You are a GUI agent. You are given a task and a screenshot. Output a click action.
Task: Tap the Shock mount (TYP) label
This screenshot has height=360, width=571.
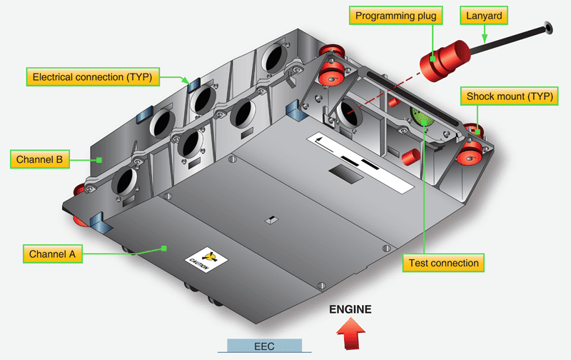click(509, 96)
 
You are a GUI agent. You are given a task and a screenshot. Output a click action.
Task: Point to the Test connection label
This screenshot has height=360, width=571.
click(443, 263)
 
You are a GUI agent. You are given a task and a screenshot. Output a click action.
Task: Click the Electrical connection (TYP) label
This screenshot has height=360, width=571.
click(92, 76)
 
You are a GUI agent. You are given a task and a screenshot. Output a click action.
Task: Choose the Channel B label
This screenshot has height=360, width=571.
click(39, 159)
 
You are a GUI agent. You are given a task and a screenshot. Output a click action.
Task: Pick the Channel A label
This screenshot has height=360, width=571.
click(55, 254)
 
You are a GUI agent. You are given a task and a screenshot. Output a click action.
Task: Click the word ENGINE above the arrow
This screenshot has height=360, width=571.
click(350, 310)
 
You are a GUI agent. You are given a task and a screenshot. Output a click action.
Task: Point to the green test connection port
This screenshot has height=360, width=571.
click(423, 116)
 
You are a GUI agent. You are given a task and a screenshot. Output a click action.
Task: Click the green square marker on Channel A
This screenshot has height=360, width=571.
click(163, 249)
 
